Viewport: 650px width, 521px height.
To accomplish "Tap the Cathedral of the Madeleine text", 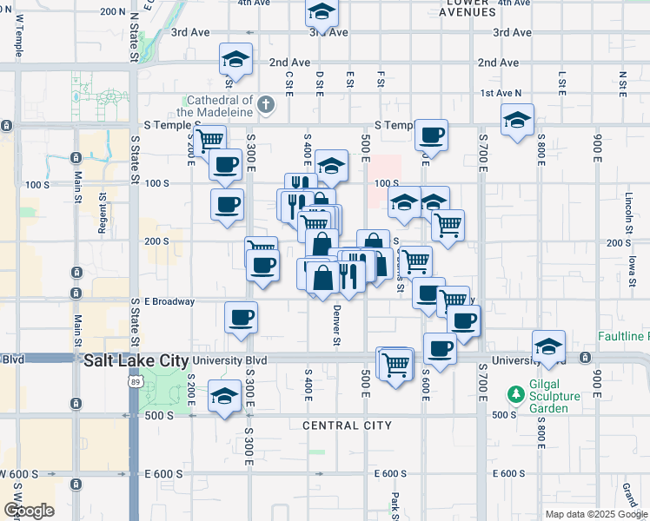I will [215, 106].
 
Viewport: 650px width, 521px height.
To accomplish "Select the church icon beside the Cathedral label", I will [267, 107].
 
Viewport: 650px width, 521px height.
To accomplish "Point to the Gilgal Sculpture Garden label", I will [560, 396].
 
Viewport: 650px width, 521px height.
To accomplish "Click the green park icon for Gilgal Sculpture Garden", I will [516, 395].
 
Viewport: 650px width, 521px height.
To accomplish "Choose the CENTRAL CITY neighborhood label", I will [347, 425].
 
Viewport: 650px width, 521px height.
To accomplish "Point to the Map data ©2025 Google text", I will [596, 514].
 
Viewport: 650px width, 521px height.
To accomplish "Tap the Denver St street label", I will [335, 326].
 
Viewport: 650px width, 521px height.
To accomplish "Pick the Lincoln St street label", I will [629, 208].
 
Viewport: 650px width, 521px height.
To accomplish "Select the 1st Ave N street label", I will [501, 93].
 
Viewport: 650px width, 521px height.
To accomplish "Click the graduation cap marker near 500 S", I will [225, 397].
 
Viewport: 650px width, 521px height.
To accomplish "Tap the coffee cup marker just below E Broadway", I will [242, 317].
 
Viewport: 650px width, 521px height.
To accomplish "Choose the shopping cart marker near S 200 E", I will [210, 140].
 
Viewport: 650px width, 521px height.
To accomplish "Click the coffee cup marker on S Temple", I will [431, 135].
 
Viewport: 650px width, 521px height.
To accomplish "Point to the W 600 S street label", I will [17, 474].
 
